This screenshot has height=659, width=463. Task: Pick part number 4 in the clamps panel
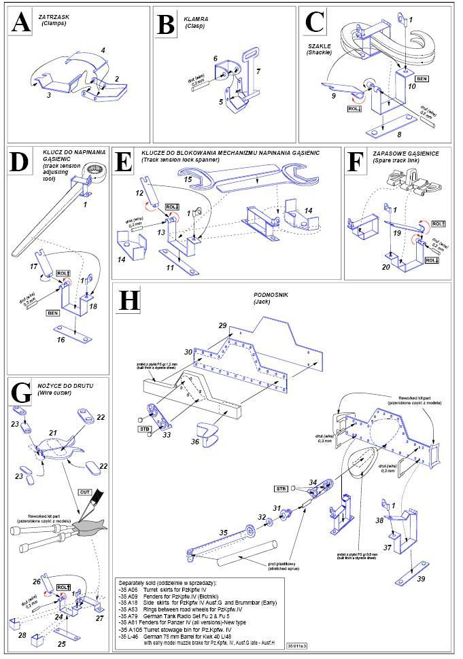(103, 50)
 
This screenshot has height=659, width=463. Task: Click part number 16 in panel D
(61, 340)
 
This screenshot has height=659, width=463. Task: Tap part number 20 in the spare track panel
(385, 267)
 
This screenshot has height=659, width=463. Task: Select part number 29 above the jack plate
(222, 327)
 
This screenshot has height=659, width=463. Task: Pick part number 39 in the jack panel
(421, 578)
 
